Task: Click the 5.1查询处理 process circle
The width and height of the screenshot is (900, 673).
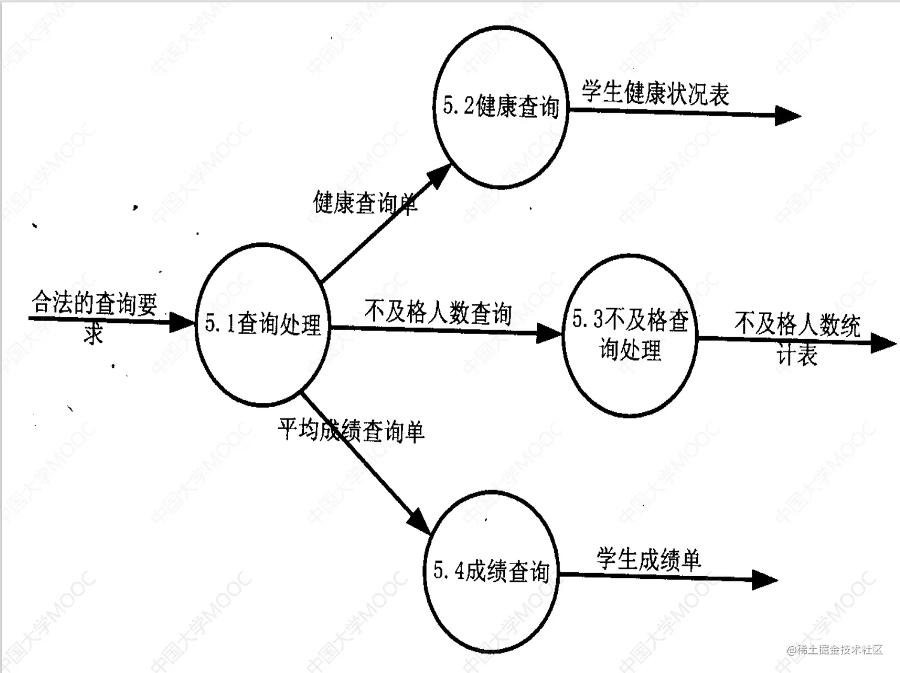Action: tap(262, 325)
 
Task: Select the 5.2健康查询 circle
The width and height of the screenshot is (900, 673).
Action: tap(500, 107)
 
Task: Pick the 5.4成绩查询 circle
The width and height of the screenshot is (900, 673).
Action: tap(491, 571)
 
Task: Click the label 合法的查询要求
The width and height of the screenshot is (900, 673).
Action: tap(94, 314)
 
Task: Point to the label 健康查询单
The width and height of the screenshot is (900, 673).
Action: tap(364, 203)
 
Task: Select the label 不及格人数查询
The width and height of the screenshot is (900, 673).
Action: tap(438, 312)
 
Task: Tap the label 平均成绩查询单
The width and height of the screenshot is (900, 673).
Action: tap(351, 430)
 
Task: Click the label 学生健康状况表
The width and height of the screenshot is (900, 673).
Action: tap(656, 93)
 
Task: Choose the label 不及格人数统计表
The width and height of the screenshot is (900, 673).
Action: tap(798, 337)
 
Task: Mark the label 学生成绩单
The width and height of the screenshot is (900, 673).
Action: tap(648, 560)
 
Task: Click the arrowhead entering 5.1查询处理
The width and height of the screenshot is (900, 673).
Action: tap(183, 322)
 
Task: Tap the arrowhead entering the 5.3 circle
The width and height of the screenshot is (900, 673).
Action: tap(549, 333)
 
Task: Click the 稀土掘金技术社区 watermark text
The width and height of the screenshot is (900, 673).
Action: tap(835, 650)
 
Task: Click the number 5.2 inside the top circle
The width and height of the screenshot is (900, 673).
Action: tap(458, 106)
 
